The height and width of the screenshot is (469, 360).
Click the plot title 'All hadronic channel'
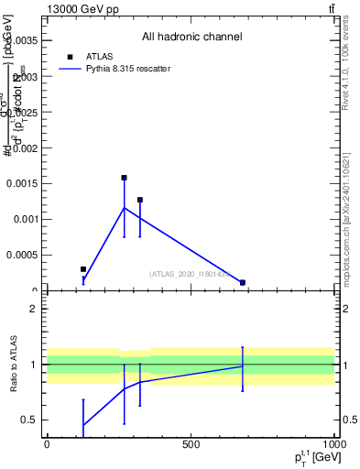pos(191,38)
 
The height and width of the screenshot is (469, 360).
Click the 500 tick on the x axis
pos(191,444)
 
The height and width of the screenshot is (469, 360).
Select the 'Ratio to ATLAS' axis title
pos(16,364)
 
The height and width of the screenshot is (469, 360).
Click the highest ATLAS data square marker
pos(124,178)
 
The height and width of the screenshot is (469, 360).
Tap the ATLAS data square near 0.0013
pos(140,200)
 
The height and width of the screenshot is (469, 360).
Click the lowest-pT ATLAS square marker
pos(83,269)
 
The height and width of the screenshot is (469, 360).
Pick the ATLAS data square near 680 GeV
pos(243,282)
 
